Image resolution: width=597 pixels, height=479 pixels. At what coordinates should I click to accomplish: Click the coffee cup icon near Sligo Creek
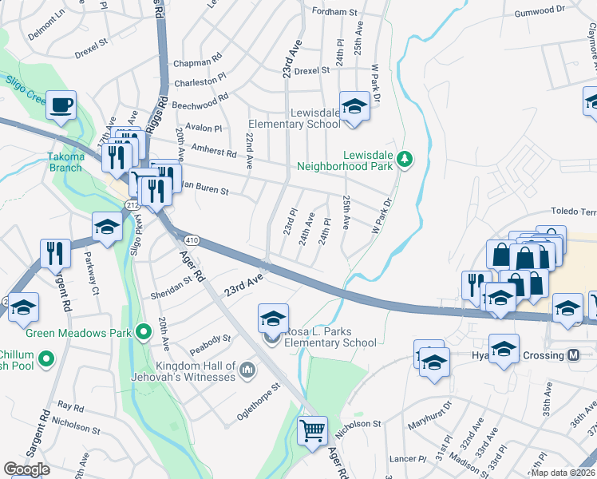61,105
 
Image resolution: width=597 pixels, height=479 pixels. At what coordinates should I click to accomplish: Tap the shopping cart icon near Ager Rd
312,430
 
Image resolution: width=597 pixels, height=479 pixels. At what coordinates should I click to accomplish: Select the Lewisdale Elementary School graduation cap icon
354,105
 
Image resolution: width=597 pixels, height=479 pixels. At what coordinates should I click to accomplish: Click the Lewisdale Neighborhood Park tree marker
405,159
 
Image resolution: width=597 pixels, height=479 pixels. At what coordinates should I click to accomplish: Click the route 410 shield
191,239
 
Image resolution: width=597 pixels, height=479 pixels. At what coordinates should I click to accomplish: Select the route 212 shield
130,205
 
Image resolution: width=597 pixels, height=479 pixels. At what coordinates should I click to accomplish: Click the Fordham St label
334,12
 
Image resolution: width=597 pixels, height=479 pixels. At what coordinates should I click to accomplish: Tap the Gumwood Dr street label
539,12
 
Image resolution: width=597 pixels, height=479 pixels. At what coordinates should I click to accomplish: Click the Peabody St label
210,344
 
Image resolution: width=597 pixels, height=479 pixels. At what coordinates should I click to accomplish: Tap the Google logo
26,469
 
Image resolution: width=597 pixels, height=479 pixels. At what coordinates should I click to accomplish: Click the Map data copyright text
561,472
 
